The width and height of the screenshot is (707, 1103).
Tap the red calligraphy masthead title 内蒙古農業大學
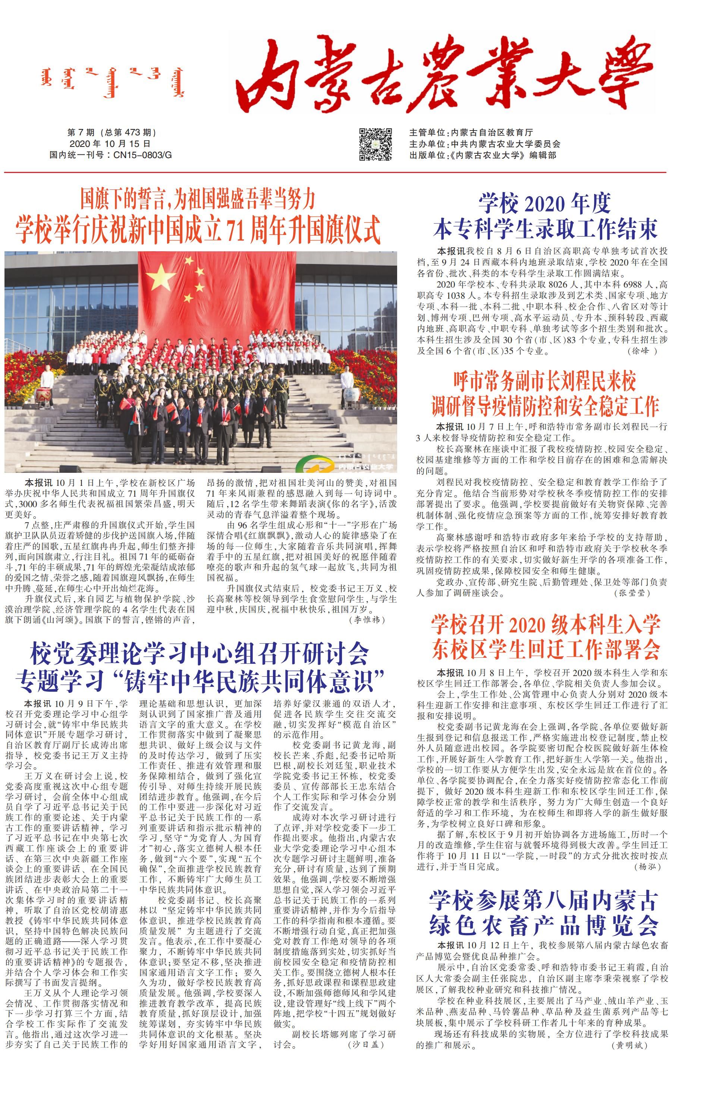coord(444,76)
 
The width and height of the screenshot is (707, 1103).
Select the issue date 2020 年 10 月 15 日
coord(110,144)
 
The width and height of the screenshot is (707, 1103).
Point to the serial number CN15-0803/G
coord(142,155)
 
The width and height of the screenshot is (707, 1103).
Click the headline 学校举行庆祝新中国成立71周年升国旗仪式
coord(198,229)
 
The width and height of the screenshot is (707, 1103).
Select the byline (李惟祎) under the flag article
coord(367,620)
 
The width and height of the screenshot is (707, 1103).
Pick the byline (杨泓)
coord(647,867)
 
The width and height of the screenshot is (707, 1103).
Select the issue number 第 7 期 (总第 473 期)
coord(111,133)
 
